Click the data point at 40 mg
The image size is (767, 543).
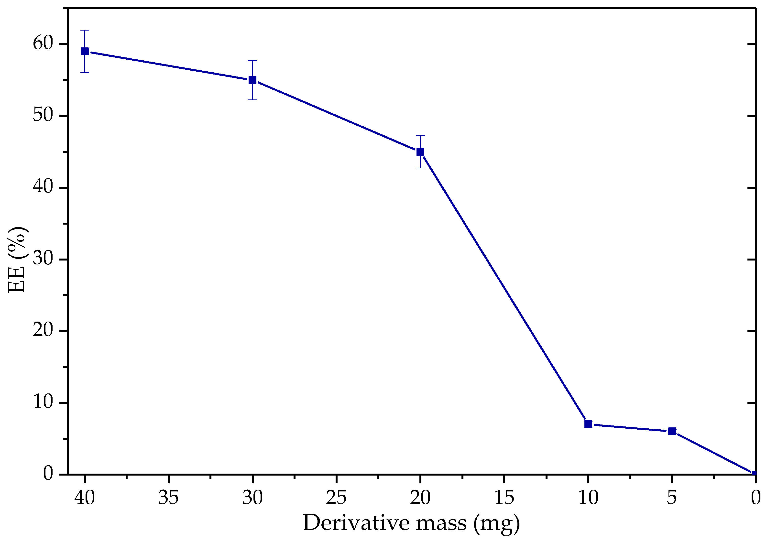[x=85, y=51]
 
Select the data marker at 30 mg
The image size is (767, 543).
[x=252, y=80]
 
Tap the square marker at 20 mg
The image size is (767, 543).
[x=420, y=152]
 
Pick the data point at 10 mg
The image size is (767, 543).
[x=588, y=424]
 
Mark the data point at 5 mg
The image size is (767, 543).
[x=672, y=431]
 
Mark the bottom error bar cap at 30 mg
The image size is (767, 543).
[x=252, y=100]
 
